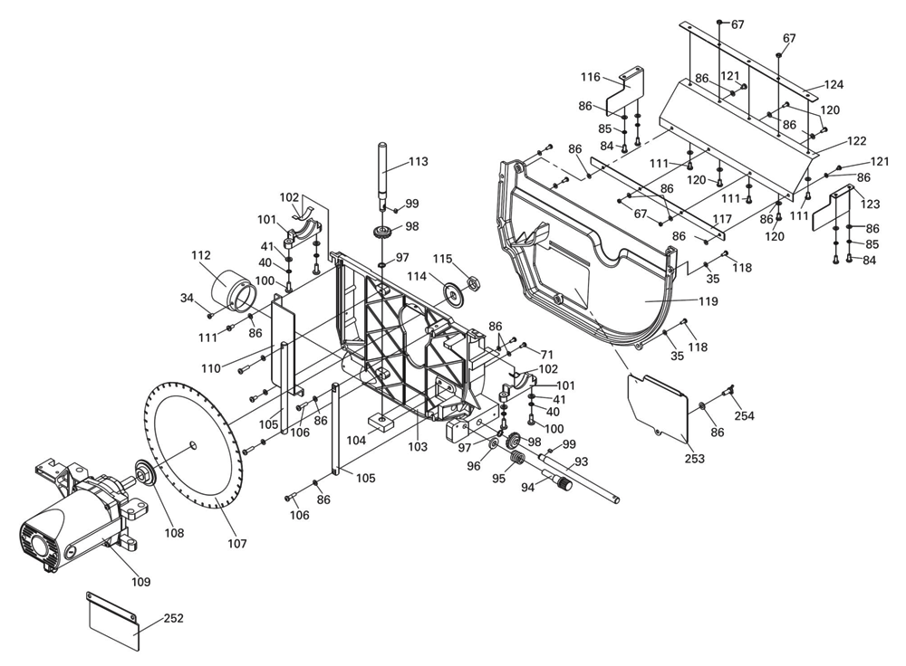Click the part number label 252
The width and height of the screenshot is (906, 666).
point(173,618)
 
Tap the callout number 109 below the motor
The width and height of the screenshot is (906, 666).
point(141,582)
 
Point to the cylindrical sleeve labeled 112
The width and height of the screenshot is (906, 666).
point(230,290)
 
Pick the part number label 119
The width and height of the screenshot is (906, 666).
point(708,301)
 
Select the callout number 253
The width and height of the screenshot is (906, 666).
point(695,458)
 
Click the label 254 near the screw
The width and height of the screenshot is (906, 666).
point(744,415)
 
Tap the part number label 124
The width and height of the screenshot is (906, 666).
point(834,85)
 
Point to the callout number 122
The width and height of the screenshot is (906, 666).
point(856,141)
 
